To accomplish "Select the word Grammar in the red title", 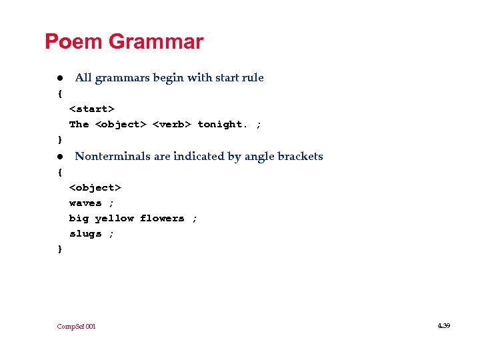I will pyautogui.click(x=155, y=42).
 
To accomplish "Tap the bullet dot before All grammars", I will pyautogui.click(x=59, y=78).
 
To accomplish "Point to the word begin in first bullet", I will pyautogui.click(x=169, y=78).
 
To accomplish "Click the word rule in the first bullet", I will pyautogui.click(x=253, y=78).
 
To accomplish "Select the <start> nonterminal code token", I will pyautogui.click(x=92, y=108).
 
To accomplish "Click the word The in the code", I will pyautogui.click(x=79, y=124).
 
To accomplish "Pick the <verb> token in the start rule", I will pyautogui.click(x=172, y=124).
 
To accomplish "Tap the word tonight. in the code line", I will pyautogui.click(x=223, y=124).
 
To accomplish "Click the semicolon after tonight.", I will pyautogui.click(x=259, y=124).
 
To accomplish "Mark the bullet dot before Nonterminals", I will pyautogui.click(x=59, y=157).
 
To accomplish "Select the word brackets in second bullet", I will pyautogui.click(x=300, y=157).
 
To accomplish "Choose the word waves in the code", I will pyautogui.click(x=85, y=203).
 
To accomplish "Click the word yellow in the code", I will pyautogui.click(x=114, y=218).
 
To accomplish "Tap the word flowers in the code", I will pyautogui.click(x=162, y=218).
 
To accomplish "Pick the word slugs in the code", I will pyautogui.click(x=85, y=233).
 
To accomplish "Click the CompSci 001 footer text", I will pyautogui.click(x=76, y=326).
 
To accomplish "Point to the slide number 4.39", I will pyautogui.click(x=443, y=325).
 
